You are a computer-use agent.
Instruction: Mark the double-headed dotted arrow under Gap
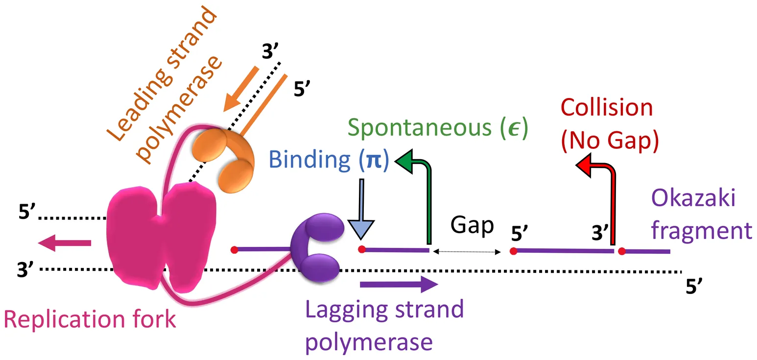pyautogui.click(x=466, y=252)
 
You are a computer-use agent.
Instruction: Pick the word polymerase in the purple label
pyautogui.click(x=369, y=342)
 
